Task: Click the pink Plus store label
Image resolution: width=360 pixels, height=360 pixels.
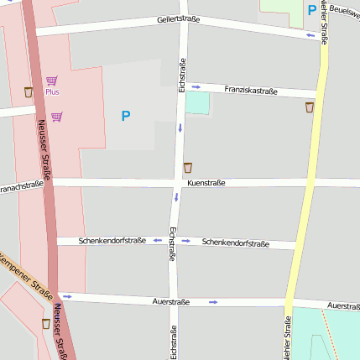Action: pyautogui.click(x=52, y=91)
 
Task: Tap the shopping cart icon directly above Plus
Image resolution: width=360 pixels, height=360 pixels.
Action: pyautogui.click(x=51, y=80)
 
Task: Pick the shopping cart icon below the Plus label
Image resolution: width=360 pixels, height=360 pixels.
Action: pyautogui.click(x=56, y=117)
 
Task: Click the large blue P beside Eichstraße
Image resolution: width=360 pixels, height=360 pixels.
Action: pyautogui.click(x=126, y=116)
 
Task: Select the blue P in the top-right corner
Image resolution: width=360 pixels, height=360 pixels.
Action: pyautogui.click(x=312, y=11)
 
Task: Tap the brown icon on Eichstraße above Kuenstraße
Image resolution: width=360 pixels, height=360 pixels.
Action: pyautogui.click(x=187, y=168)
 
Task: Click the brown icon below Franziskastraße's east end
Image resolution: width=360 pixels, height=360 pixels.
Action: pyautogui.click(x=310, y=107)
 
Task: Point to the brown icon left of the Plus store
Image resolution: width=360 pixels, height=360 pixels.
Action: pyautogui.click(x=29, y=92)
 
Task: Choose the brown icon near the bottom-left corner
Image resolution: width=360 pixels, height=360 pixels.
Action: pyautogui.click(x=46, y=323)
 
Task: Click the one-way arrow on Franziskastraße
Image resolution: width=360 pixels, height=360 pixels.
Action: pyautogui.click(x=196, y=86)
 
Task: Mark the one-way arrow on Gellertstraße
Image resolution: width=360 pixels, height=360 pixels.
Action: pyautogui.click(x=310, y=35)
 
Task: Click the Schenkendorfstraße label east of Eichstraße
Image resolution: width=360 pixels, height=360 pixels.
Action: pyautogui.click(x=236, y=243)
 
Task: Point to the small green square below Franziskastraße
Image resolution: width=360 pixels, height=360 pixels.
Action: pyautogui.click(x=196, y=102)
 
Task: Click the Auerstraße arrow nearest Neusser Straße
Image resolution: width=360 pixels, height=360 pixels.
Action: pyautogui.click(x=67, y=296)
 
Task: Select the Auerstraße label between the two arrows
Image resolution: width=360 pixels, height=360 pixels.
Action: pyautogui.click(x=171, y=300)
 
